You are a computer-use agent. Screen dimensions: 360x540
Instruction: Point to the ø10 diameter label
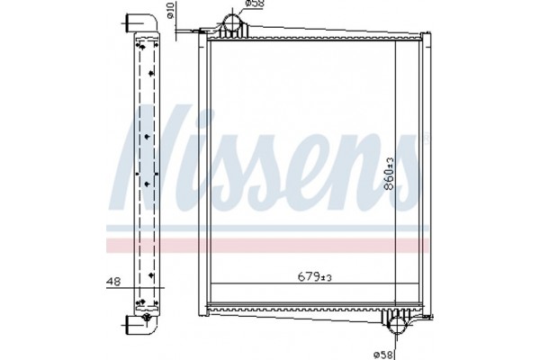169,14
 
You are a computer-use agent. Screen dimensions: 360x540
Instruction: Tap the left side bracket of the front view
204,180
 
